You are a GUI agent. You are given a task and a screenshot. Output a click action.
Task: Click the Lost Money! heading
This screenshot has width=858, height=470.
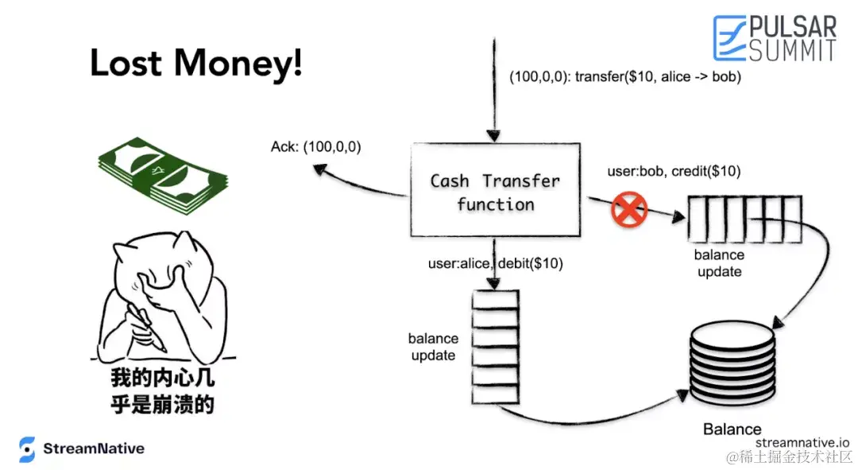[x=196, y=64]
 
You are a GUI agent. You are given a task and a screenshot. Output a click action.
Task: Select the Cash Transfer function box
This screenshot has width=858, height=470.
[x=494, y=192]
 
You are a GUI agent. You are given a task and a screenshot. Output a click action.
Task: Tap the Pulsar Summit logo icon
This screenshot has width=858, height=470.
[x=729, y=38]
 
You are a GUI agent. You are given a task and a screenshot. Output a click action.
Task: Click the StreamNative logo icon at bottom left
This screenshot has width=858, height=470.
[x=28, y=449]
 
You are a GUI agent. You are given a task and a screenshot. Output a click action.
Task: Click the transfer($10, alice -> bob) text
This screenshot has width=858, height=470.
[x=658, y=78]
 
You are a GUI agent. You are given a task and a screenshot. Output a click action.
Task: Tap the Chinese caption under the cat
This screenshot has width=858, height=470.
[x=163, y=390]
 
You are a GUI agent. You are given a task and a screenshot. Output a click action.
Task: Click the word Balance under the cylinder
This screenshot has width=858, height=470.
[x=732, y=429]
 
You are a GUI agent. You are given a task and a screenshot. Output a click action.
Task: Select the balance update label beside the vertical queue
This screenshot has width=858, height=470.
[x=433, y=347]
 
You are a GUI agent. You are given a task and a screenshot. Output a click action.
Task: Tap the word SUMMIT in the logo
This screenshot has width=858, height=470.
[x=792, y=50]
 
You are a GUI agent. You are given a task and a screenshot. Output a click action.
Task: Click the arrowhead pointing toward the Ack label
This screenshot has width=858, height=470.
[x=319, y=169]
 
